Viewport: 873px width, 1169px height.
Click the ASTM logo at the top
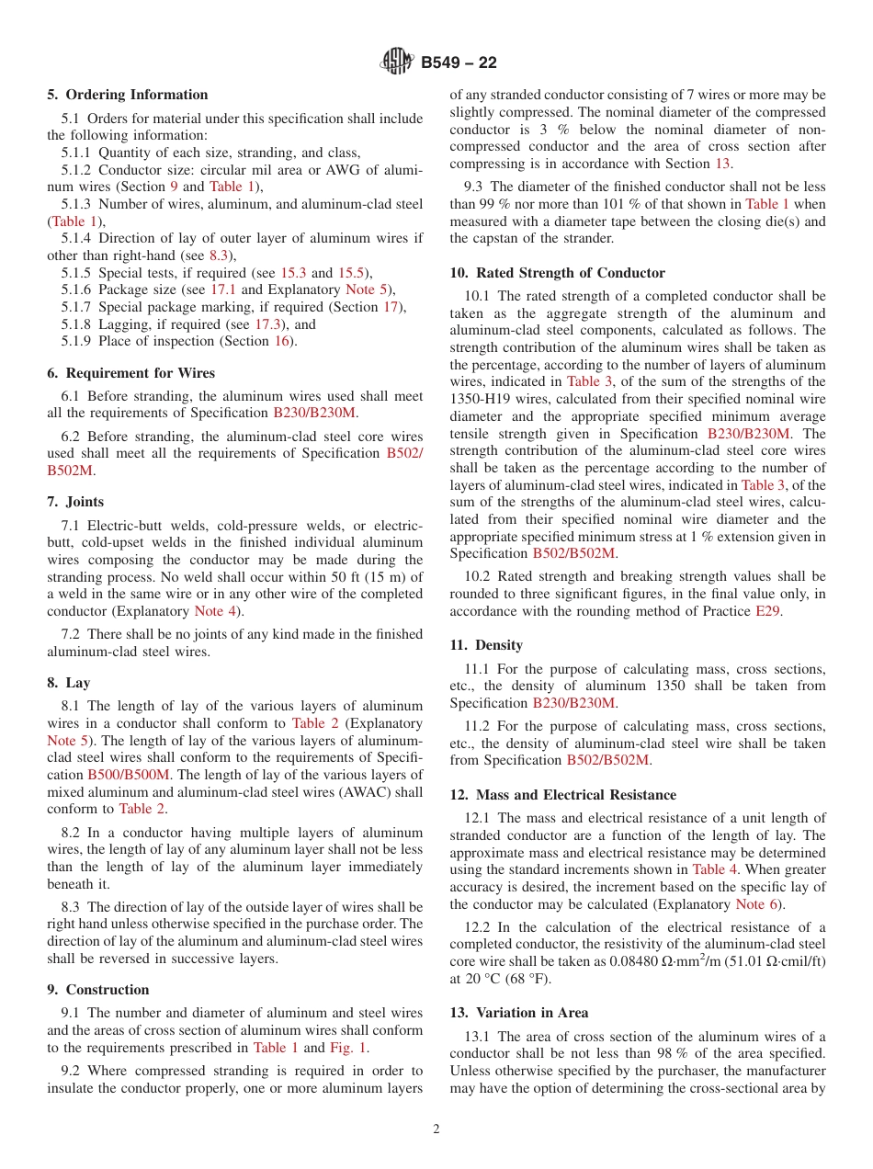click(x=397, y=62)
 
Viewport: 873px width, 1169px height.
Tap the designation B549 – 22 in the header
click(x=459, y=62)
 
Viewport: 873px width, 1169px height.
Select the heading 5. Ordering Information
click(x=128, y=95)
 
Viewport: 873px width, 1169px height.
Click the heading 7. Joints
click(x=75, y=502)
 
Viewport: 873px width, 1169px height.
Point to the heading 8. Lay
click(x=69, y=683)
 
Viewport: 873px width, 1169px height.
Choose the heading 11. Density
click(x=486, y=645)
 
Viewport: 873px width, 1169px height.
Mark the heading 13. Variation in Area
click(x=519, y=1013)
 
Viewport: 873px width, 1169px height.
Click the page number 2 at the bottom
click(x=436, y=1129)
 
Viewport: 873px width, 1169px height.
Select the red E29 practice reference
click(x=767, y=611)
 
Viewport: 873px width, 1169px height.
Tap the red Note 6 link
click(x=757, y=904)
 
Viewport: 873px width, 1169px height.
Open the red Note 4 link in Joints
click(x=216, y=611)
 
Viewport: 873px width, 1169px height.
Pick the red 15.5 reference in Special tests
click(x=351, y=273)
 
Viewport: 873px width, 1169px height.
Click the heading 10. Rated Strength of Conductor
click(x=558, y=273)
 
